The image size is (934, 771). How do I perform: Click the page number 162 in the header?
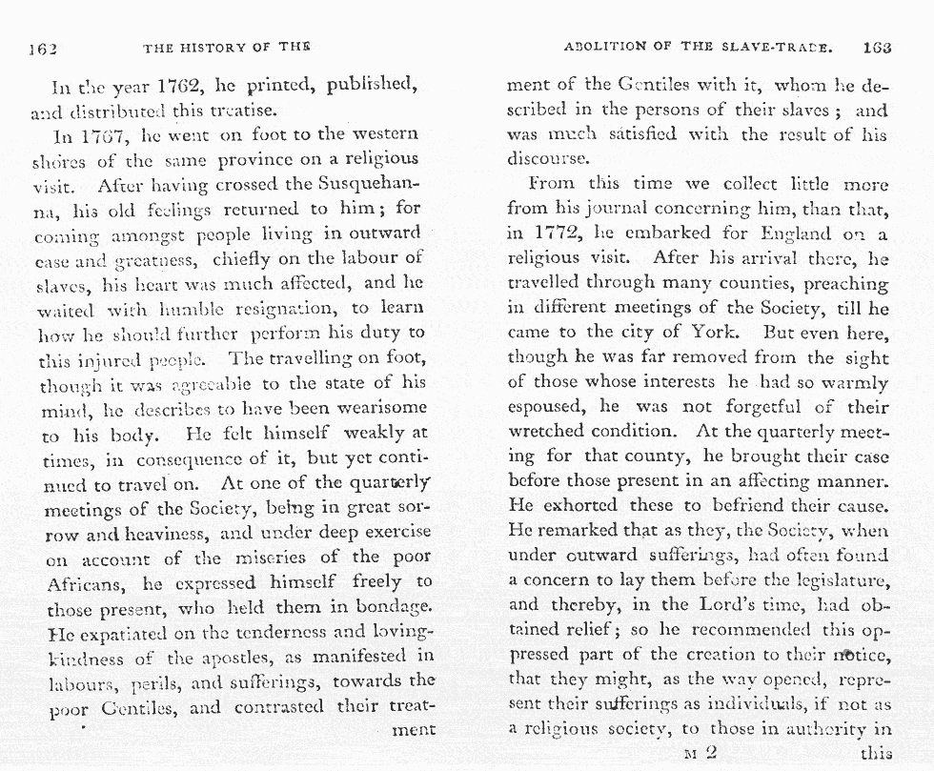[x=44, y=48]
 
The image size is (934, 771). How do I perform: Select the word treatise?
[x=240, y=110]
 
